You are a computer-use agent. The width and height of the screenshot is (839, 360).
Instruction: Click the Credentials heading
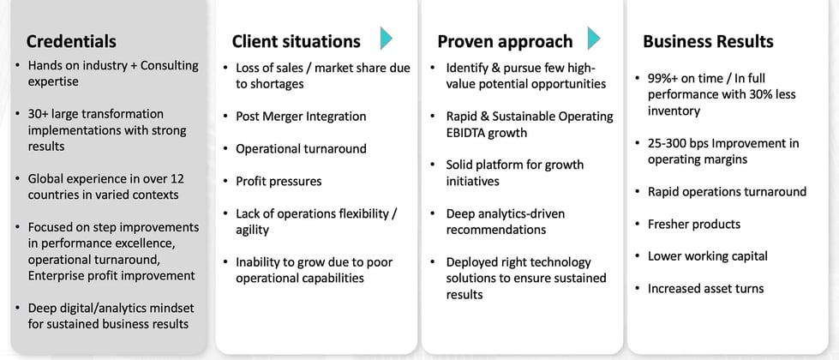pos(71,41)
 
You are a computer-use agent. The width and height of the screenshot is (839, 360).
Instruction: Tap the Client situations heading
pos(296,41)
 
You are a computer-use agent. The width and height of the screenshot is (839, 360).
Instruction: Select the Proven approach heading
pos(505,42)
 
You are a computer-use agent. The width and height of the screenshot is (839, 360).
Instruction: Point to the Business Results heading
pos(708,41)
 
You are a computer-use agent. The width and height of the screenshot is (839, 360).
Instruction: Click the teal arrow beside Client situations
pos(386,39)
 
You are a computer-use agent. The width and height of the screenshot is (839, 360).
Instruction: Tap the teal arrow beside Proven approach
pos(593,39)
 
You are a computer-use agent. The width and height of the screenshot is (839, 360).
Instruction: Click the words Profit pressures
pos(279,182)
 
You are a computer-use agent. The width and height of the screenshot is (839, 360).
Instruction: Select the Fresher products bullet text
pos(694,224)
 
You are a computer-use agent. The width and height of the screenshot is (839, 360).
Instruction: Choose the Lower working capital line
pos(707,256)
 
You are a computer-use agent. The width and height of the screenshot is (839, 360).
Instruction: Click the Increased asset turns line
pos(706,288)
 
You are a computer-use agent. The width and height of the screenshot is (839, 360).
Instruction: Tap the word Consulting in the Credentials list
pos(170,66)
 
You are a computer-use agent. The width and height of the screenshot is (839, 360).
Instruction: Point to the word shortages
pos(277,85)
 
